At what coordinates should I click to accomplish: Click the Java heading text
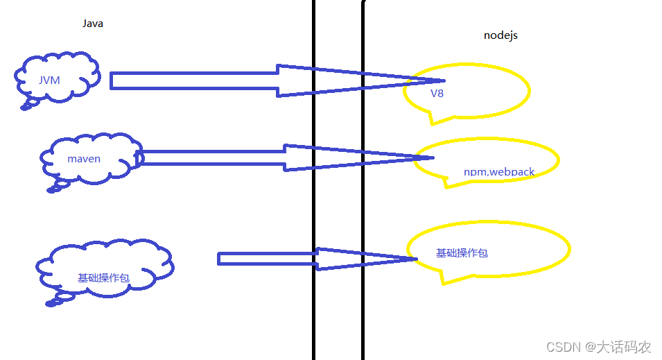click(x=93, y=24)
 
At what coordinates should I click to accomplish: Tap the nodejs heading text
click(x=500, y=35)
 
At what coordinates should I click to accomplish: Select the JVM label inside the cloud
click(x=49, y=80)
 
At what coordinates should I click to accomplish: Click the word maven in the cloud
click(x=83, y=159)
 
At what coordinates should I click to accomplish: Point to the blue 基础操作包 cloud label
click(x=103, y=277)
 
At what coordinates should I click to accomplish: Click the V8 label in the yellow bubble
click(x=437, y=94)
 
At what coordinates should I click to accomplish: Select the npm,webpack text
click(x=499, y=171)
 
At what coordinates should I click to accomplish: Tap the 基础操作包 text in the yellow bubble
click(x=462, y=253)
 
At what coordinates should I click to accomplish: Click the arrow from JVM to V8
click(x=208, y=80)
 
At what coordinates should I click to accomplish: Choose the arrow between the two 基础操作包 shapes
click(x=277, y=259)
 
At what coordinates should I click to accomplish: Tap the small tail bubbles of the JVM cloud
click(x=29, y=105)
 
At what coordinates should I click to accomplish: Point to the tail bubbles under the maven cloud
click(x=55, y=186)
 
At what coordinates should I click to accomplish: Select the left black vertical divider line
click(x=314, y=208)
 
